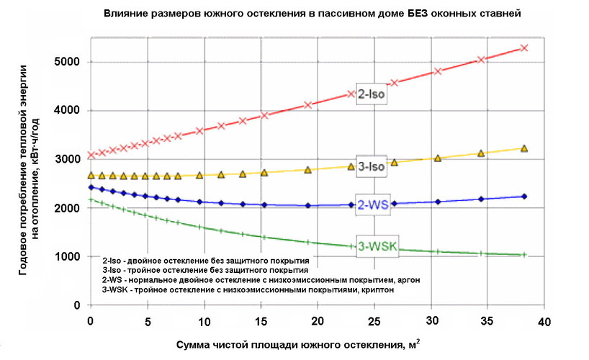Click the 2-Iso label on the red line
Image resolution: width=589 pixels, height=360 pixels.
(x=373, y=94)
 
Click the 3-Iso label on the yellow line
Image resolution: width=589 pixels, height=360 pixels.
(x=373, y=165)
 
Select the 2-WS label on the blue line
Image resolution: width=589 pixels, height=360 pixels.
(x=373, y=204)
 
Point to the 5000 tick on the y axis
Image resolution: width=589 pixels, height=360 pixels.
(x=66, y=62)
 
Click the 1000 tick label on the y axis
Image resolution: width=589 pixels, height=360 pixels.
(x=66, y=257)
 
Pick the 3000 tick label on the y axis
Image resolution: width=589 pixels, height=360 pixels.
(x=66, y=159)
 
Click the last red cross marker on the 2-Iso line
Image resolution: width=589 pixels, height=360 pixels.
(x=524, y=48)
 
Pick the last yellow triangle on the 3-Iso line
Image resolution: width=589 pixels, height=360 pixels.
(x=524, y=148)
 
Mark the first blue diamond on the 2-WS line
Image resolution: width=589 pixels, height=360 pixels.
(x=89, y=187)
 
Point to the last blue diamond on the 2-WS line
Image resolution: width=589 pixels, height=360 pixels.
(x=524, y=197)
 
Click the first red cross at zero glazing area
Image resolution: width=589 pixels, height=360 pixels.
(x=90, y=155)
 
